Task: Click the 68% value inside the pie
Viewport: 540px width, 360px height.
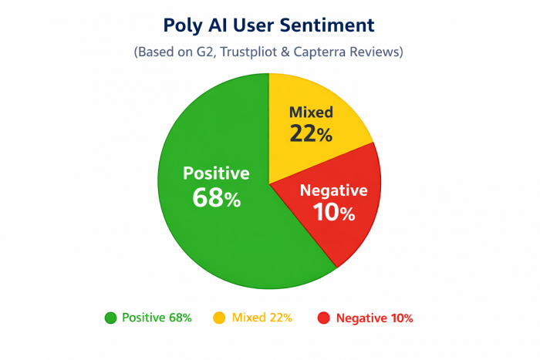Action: tap(216, 198)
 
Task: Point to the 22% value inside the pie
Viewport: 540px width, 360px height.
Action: tap(311, 134)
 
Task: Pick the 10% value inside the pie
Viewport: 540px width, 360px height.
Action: tap(333, 214)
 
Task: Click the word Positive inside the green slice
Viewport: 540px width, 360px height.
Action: tap(216, 173)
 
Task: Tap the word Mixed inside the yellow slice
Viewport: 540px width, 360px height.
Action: tap(311, 113)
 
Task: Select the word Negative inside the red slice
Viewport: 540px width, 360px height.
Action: tap(333, 191)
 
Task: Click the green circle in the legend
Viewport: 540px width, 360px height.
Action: tap(110, 318)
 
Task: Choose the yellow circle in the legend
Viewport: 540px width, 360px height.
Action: tap(219, 318)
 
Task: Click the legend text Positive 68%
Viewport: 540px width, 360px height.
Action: tap(157, 318)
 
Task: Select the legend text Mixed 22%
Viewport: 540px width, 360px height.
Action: tap(260, 318)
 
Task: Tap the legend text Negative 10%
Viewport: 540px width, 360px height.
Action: tap(374, 318)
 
